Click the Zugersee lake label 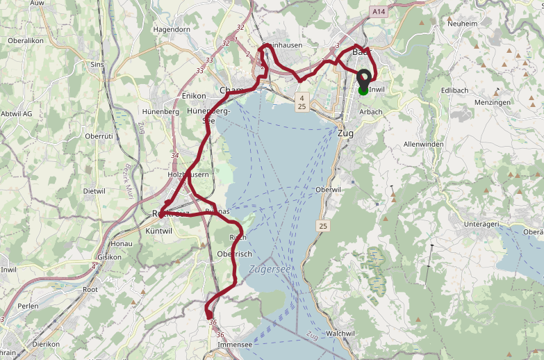270,269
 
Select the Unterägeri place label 482,224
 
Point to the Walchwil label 340,334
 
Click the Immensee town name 235,344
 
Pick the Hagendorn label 172,30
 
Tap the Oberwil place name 328,190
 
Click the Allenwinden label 423,144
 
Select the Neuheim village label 463,23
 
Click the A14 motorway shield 379,12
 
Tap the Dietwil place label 94,190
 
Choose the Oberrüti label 99,136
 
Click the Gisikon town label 110,256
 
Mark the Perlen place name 28,306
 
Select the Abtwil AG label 17,113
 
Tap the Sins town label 97,64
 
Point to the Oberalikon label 26,40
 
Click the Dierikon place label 46,343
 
